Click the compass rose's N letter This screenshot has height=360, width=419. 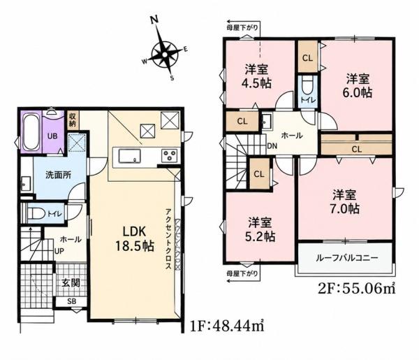point(154,20)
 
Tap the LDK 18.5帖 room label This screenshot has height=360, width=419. point(134,238)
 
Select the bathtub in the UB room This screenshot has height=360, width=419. point(31,131)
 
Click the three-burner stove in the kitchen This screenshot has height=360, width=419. point(170,155)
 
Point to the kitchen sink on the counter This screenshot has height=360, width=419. point(130,156)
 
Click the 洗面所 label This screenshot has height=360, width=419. point(58,175)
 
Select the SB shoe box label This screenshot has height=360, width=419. point(72,301)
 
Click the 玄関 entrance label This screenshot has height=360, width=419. point(71,282)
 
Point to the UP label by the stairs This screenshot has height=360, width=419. point(59,252)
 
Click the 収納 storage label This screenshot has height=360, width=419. point(73,120)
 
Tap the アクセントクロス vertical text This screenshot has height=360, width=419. point(168,238)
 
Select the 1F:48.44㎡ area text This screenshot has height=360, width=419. point(228,326)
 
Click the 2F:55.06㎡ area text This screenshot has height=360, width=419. point(356,288)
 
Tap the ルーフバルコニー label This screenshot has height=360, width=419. point(346,259)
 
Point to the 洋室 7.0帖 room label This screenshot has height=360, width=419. point(345,202)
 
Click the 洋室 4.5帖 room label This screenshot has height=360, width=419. point(257,76)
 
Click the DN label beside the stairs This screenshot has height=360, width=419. point(272,146)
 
